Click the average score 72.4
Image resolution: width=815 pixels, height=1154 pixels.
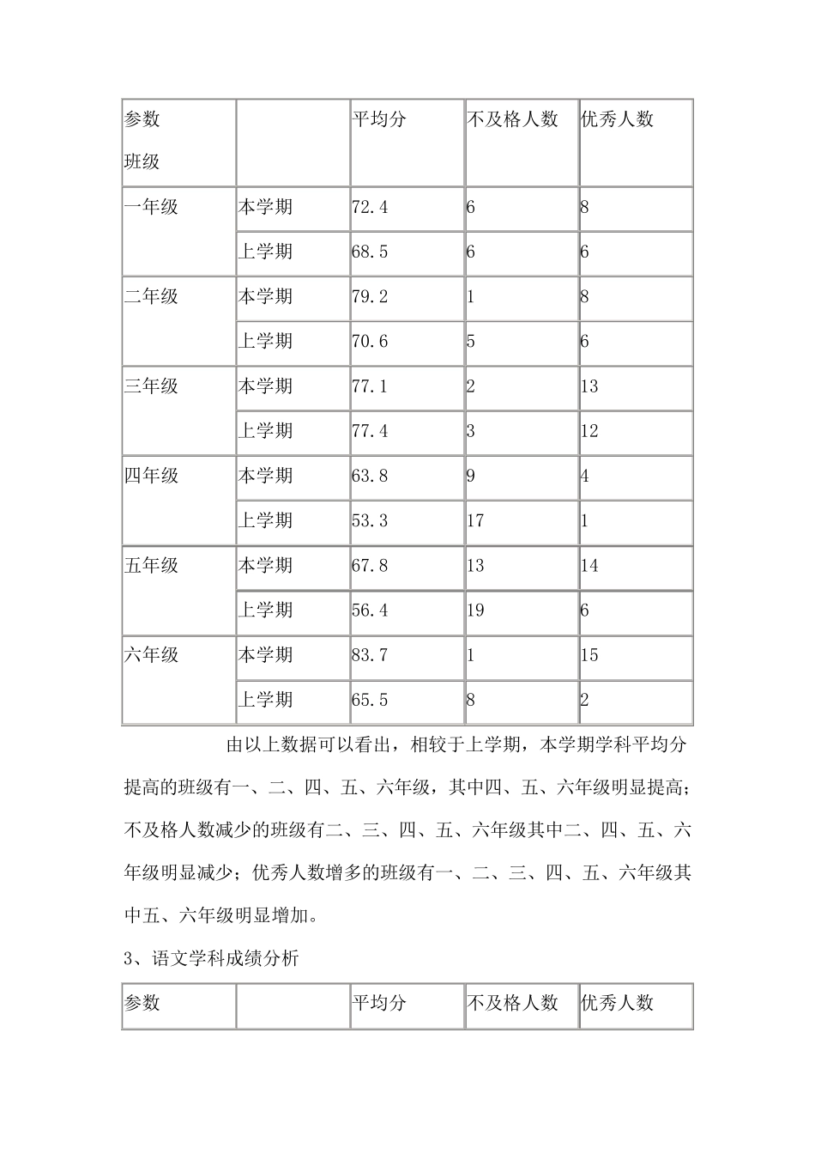point(370,207)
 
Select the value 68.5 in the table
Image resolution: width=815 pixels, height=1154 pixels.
point(370,252)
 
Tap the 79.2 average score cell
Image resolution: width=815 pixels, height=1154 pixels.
point(370,296)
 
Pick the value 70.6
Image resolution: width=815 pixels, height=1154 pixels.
point(370,341)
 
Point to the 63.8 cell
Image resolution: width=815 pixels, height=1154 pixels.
point(370,476)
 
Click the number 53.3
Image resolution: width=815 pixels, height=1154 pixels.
point(370,520)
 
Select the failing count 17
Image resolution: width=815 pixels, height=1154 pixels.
point(475,520)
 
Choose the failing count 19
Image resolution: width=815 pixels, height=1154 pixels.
point(475,610)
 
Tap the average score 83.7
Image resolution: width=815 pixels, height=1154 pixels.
point(370,655)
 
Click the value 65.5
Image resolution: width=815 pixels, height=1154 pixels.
point(370,700)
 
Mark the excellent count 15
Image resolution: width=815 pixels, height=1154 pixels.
point(589,655)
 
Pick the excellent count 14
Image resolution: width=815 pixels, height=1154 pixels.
point(589,565)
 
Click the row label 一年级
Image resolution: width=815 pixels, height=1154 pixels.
point(151,207)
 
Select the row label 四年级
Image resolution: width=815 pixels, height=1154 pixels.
point(151,476)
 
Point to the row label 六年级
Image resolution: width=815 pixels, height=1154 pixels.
point(151,655)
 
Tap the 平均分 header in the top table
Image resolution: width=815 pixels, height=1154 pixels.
point(379,119)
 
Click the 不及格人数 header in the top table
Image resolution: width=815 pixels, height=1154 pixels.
point(512,119)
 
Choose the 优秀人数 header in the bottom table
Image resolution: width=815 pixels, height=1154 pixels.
point(618,1002)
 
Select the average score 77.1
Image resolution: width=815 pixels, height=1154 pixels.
point(370,386)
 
